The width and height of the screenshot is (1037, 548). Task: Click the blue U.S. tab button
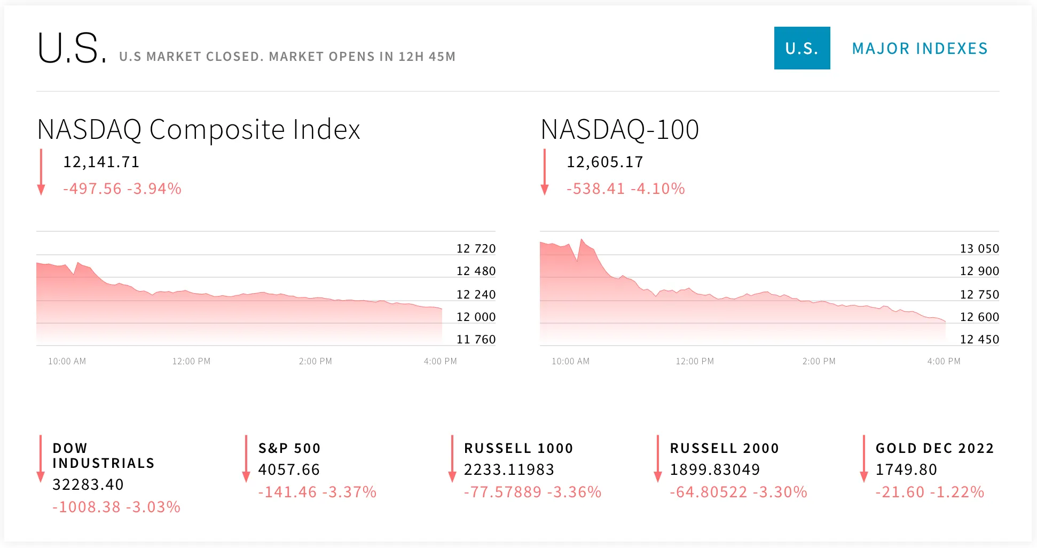tap(802, 48)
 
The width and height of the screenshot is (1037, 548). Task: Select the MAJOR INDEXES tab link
tap(920, 49)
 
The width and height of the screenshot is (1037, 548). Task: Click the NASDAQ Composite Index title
tap(199, 129)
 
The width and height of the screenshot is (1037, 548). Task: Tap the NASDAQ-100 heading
tap(619, 129)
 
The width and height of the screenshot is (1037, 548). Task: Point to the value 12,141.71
tap(101, 162)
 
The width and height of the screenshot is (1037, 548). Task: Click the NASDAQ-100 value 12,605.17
tap(604, 162)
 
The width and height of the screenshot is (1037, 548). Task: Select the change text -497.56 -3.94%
tap(122, 189)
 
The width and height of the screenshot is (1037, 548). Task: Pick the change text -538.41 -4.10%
tap(625, 189)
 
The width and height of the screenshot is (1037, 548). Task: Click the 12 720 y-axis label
tap(476, 248)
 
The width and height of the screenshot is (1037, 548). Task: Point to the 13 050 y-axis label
tap(979, 248)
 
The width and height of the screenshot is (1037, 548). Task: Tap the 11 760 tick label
tap(476, 339)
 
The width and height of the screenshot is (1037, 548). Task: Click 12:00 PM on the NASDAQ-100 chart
tap(695, 361)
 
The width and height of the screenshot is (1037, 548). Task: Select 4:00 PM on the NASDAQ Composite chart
tap(440, 361)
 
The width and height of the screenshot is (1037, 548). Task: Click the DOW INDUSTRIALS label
tap(104, 456)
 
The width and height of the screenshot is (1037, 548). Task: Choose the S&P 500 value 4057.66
tap(289, 469)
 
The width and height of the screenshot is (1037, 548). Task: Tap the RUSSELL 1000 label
tap(518, 448)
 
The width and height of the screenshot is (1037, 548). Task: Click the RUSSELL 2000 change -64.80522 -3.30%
tap(739, 492)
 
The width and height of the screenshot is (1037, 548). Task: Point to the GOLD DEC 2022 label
tap(934, 448)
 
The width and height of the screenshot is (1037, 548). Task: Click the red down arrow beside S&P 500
tap(246, 459)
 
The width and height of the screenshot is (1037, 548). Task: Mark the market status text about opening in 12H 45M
tap(287, 57)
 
